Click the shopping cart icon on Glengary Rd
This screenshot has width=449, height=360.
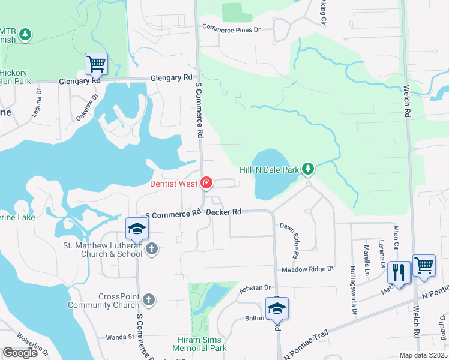(96, 62)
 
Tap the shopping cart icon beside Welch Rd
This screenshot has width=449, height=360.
(424, 265)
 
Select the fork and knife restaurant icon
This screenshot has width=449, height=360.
(398, 272)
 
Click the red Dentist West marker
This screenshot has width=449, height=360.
(206, 182)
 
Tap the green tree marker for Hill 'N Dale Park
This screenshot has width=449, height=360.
(308, 169)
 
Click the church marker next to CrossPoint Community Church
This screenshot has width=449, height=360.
(149, 299)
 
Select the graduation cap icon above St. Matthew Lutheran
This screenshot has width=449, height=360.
(136, 229)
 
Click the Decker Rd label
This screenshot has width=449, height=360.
(224, 212)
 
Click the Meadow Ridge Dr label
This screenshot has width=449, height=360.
(307, 269)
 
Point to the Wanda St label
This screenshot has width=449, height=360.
(120, 337)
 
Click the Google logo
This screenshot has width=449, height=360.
(20, 353)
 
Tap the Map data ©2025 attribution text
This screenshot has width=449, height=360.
(423, 355)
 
